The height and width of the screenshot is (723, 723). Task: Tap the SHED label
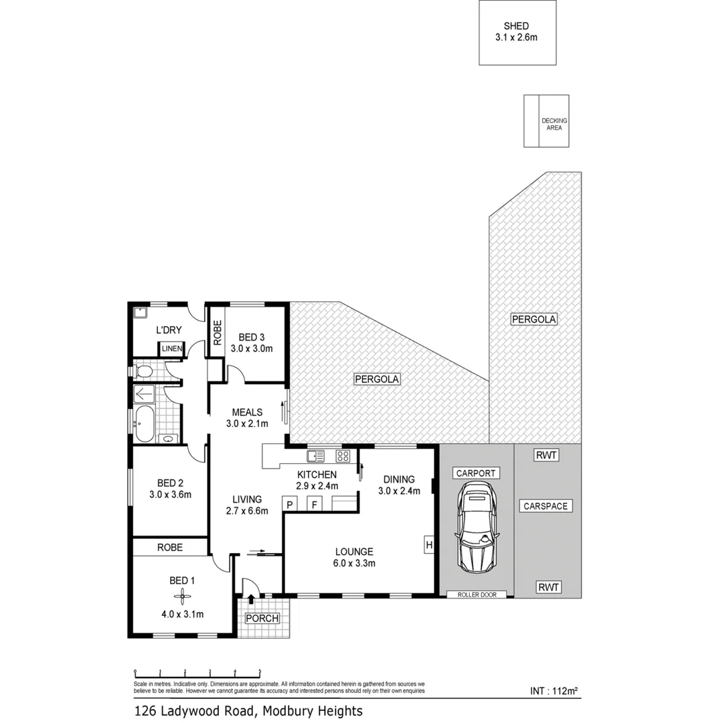tap(517, 26)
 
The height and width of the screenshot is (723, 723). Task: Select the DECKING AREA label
tap(554, 124)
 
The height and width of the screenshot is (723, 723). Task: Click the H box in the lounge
tap(428, 546)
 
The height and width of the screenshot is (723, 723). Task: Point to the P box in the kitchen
tap(291, 505)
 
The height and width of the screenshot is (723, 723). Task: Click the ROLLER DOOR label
tap(477, 594)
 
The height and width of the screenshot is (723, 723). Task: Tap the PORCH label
tap(262, 618)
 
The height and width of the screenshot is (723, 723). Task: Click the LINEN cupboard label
tap(170, 349)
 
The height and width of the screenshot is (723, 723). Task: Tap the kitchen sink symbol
tap(315, 457)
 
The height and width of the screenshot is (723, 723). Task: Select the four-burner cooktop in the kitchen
tap(343, 457)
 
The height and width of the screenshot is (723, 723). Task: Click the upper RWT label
tap(546, 456)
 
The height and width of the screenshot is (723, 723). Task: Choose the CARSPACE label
tap(546, 506)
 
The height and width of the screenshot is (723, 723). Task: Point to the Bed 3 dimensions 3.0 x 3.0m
tap(251, 349)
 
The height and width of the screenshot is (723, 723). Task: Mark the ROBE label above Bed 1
tap(169, 547)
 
